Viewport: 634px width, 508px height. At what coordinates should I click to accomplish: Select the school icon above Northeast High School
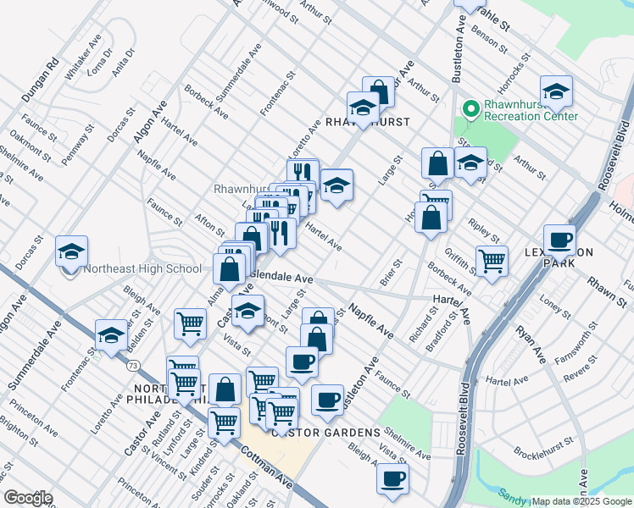[72, 251]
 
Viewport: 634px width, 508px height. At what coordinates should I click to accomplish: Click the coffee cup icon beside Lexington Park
[559, 240]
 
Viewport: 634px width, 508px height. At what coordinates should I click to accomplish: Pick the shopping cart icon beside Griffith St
[492, 261]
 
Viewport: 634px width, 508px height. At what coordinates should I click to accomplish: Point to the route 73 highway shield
[134, 366]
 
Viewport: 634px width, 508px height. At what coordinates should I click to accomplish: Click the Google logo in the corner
[29, 498]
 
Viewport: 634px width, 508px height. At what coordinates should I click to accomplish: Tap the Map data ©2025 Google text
[581, 501]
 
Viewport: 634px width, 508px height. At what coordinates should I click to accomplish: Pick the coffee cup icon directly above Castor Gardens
[327, 400]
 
